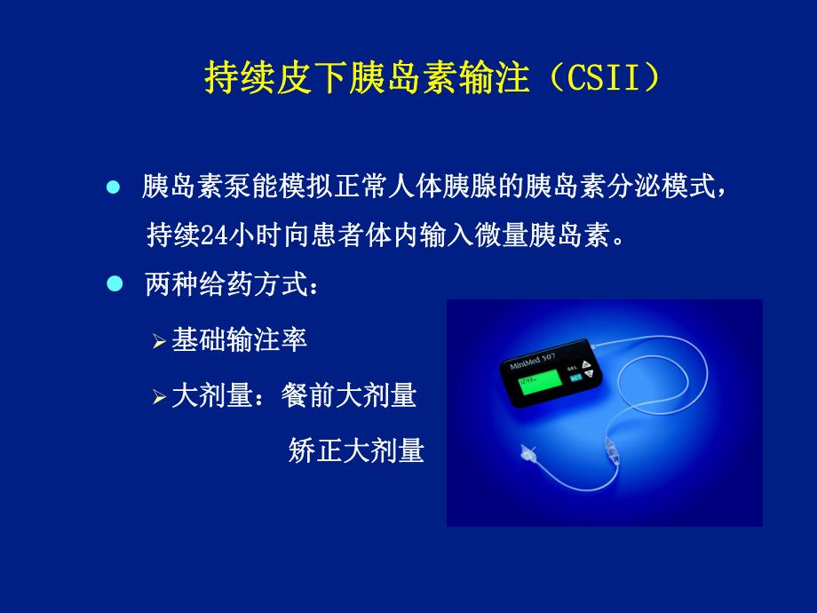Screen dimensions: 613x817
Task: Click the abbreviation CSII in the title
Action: (606, 79)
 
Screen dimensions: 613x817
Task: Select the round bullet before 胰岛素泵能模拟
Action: (113, 188)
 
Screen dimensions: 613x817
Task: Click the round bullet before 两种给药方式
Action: (113, 284)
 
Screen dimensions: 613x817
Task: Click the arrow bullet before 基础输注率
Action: (159, 342)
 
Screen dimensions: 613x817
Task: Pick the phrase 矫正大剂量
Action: (356, 451)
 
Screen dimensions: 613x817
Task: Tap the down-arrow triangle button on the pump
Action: (588, 376)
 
